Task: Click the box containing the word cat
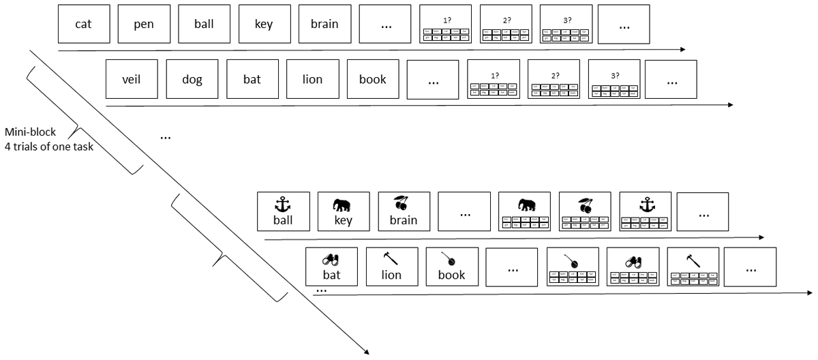pyautogui.click(x=84, y=25)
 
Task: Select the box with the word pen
pyautogui.click(x=144, y=25)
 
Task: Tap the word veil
pyautogui.click(x=132, y=79)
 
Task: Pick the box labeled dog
pyautogui.click(x=192, y=79)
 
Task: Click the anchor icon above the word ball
pyautogui.click(x=283, y=204)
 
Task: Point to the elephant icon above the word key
pyautogui.click(x=343, y=205)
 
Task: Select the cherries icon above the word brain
pyautogui.click(x=403, y=203)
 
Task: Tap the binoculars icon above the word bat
pyautogui.click(x=331, y=260)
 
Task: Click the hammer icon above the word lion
pyautogui.click(x=391, y=259)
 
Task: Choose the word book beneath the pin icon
pyautogui.click(x=451, y=275)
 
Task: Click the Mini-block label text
pyautogui.click(x=30, y=132)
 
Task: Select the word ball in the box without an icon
pyautogui.click(x=204, y=25)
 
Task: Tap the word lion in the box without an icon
pyautogui.click(x=312, y=79)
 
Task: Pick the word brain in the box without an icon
pyautogui.click(x=324, y=25)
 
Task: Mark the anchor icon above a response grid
pyautogui.click(x=645, y=205)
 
